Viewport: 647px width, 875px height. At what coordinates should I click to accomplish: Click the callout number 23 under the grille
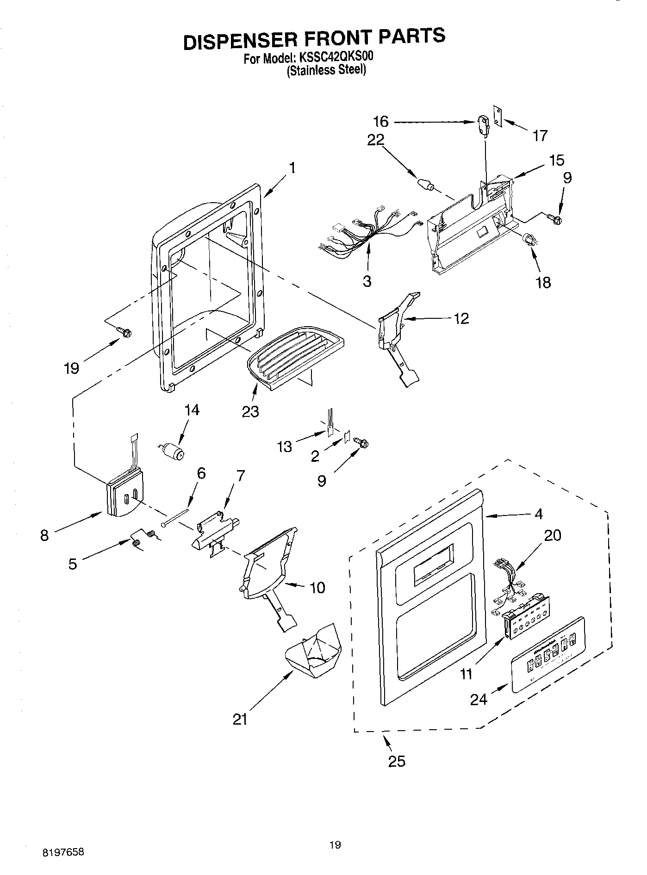tap(250, 411)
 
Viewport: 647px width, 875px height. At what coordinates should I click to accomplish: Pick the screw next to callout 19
tap(124, 331)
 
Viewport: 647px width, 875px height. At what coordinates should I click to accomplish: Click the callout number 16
tap(380, 122)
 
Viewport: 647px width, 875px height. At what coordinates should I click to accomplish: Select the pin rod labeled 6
tap(176, 517)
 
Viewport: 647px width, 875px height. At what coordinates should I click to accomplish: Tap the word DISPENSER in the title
tap(236, 41)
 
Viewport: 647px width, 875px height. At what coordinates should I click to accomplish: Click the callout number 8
tap(44, 535)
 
